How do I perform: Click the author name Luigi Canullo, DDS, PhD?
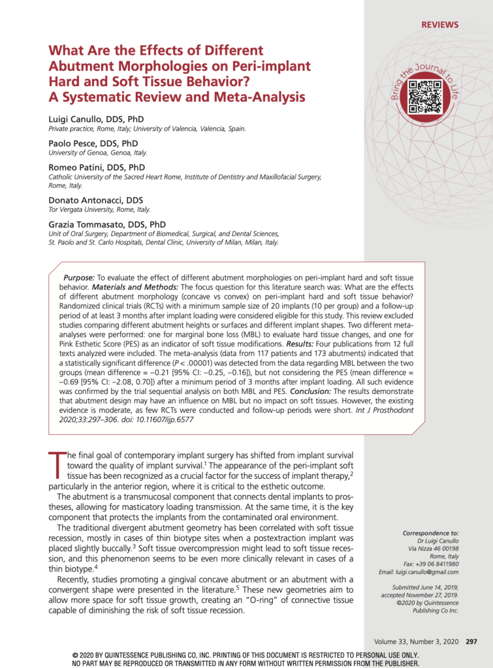[x=96, y=119]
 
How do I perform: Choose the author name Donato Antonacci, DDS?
[x=96, y=200]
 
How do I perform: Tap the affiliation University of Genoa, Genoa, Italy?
[x=98, y=153]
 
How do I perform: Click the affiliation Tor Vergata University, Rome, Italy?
[x=99, y=209]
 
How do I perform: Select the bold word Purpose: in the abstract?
[x=79, y=277]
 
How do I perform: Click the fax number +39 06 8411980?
[x=435, y=563]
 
